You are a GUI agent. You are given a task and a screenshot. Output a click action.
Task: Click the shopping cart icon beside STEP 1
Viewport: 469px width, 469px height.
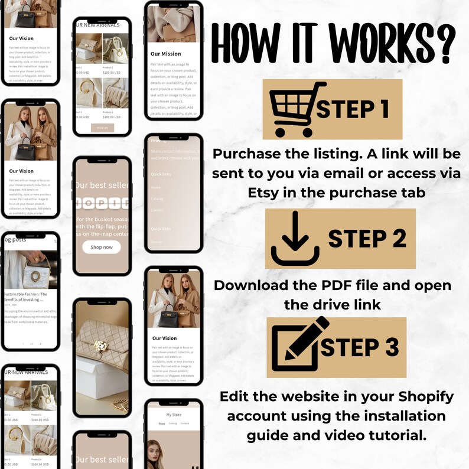click(x=293, y=109)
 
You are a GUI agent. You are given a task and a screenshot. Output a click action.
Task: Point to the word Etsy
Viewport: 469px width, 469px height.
click(x=263, y=193)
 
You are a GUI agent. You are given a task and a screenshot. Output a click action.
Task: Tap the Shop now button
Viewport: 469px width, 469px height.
click(x=102, y=247)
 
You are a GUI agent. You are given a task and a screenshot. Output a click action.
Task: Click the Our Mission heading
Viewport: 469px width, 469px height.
click(x=166, y=54)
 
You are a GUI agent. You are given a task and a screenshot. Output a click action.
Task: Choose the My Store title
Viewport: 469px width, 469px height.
click(x=174, y=415)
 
